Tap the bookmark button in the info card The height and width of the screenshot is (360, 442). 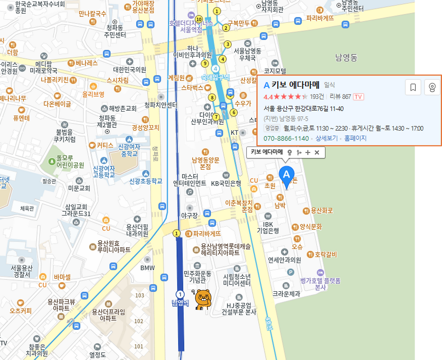point(413,87)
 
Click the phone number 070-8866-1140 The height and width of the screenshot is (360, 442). point(286,138)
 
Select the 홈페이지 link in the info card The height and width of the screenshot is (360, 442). point(355,138)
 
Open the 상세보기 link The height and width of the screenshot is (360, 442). point(326,138)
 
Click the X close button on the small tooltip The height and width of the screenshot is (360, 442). point(317,152)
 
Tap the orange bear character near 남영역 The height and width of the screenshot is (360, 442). point(203,299)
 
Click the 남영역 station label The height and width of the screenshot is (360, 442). point(180,303)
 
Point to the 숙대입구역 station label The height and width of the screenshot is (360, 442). point(215,77)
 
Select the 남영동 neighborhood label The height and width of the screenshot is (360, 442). point(346,57)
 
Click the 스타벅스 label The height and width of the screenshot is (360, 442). point(192,88)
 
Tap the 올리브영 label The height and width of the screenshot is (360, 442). point(93,94)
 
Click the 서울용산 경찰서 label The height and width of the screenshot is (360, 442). point(22,271)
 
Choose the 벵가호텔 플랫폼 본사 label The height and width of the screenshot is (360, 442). point(320,284)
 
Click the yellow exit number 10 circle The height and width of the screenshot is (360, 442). point(199,19)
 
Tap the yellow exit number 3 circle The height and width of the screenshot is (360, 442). point(227,44)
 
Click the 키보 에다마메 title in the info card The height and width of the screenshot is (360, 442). point(295,85)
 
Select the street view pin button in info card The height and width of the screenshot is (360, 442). point(432,87)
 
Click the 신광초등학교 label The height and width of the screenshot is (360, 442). point(146,181)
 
